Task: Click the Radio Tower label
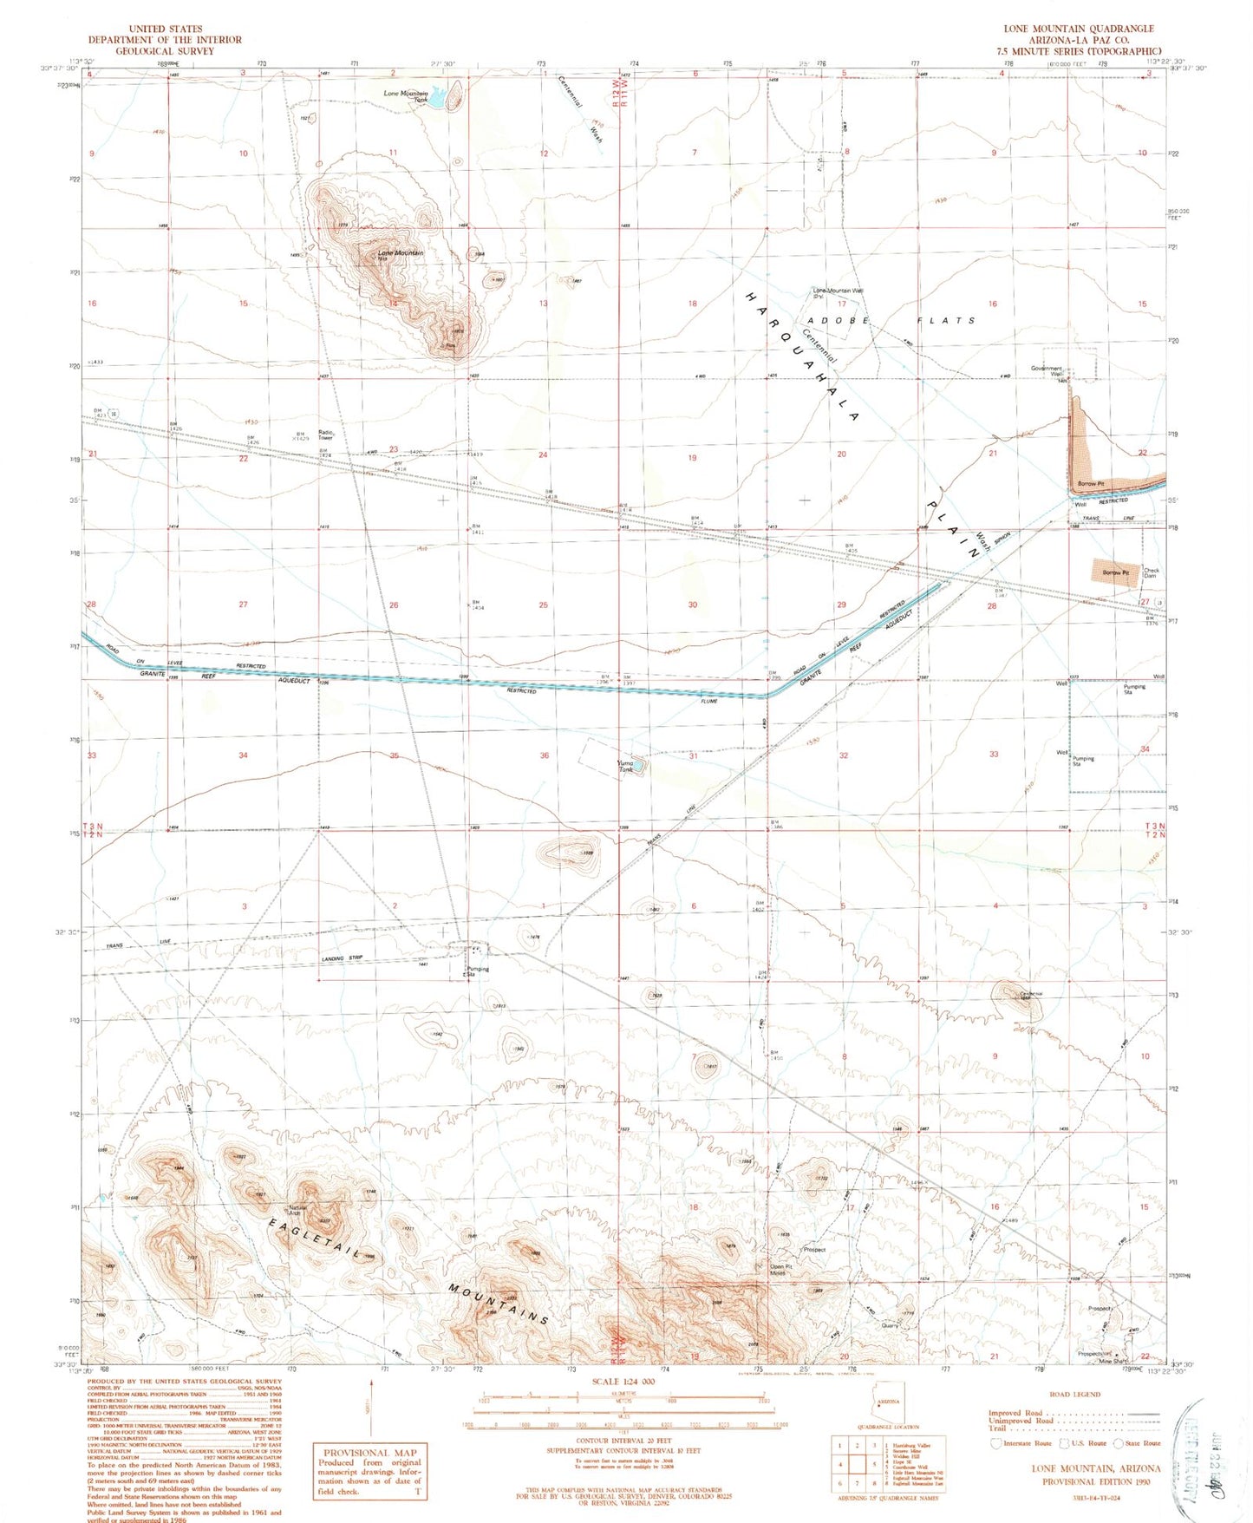[x=326, y=435]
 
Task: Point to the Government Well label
[x=1047, y=370]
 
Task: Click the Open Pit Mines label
[x=780, y=1270]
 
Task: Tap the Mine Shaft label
[x=1113, y=1361]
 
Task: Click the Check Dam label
[x=1151, y=573]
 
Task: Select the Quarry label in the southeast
[x=890, y=1325]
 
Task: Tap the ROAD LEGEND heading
[x=1074, y=1394]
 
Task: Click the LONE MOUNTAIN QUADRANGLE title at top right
[x=1079, y=29]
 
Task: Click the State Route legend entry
[x=1142, y=1443]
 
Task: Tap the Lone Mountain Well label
[x=837, y=292]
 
